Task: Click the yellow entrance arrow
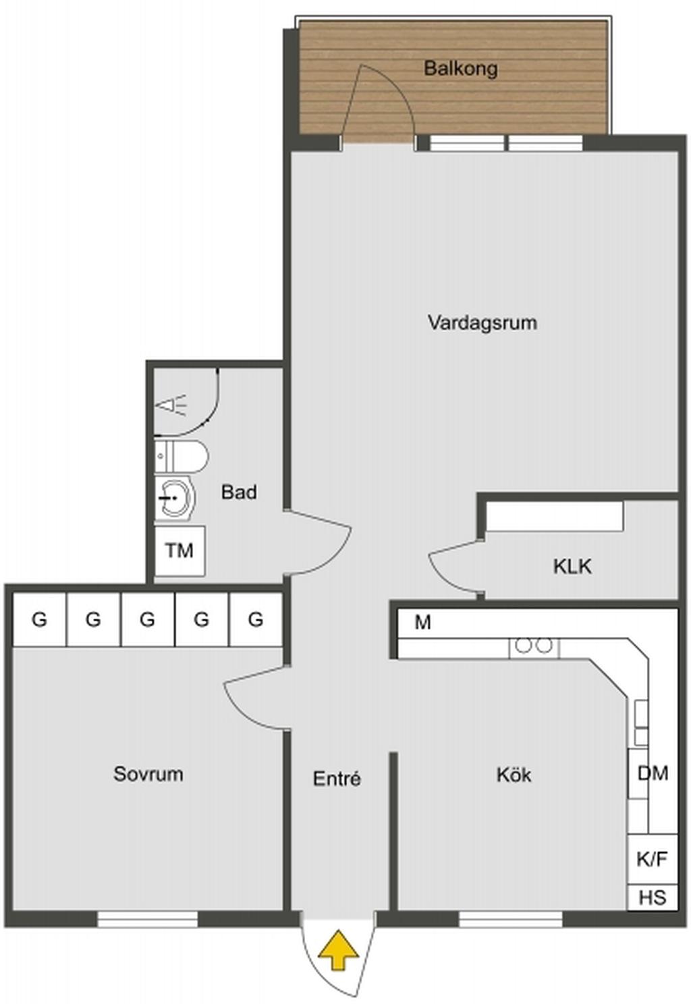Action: pos(338,950)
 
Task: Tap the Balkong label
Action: pos(461,68)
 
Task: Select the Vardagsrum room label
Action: pos(482,323)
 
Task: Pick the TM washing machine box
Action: pos(179,551)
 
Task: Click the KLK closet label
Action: pos(572,566)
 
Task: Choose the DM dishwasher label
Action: pos(653,773)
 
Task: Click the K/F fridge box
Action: pos(652,860)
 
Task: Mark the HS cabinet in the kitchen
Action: pos(653,898)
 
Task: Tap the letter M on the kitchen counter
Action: pos(423,622)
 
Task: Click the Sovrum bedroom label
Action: pos(148,774)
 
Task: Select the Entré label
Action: pos(337,779)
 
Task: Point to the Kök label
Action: pos(514,775)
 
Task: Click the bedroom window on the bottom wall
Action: pos(148,918)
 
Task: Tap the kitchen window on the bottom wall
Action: pos(511,918)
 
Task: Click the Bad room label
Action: pos(239,493)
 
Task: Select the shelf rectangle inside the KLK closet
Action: pos(555,516)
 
